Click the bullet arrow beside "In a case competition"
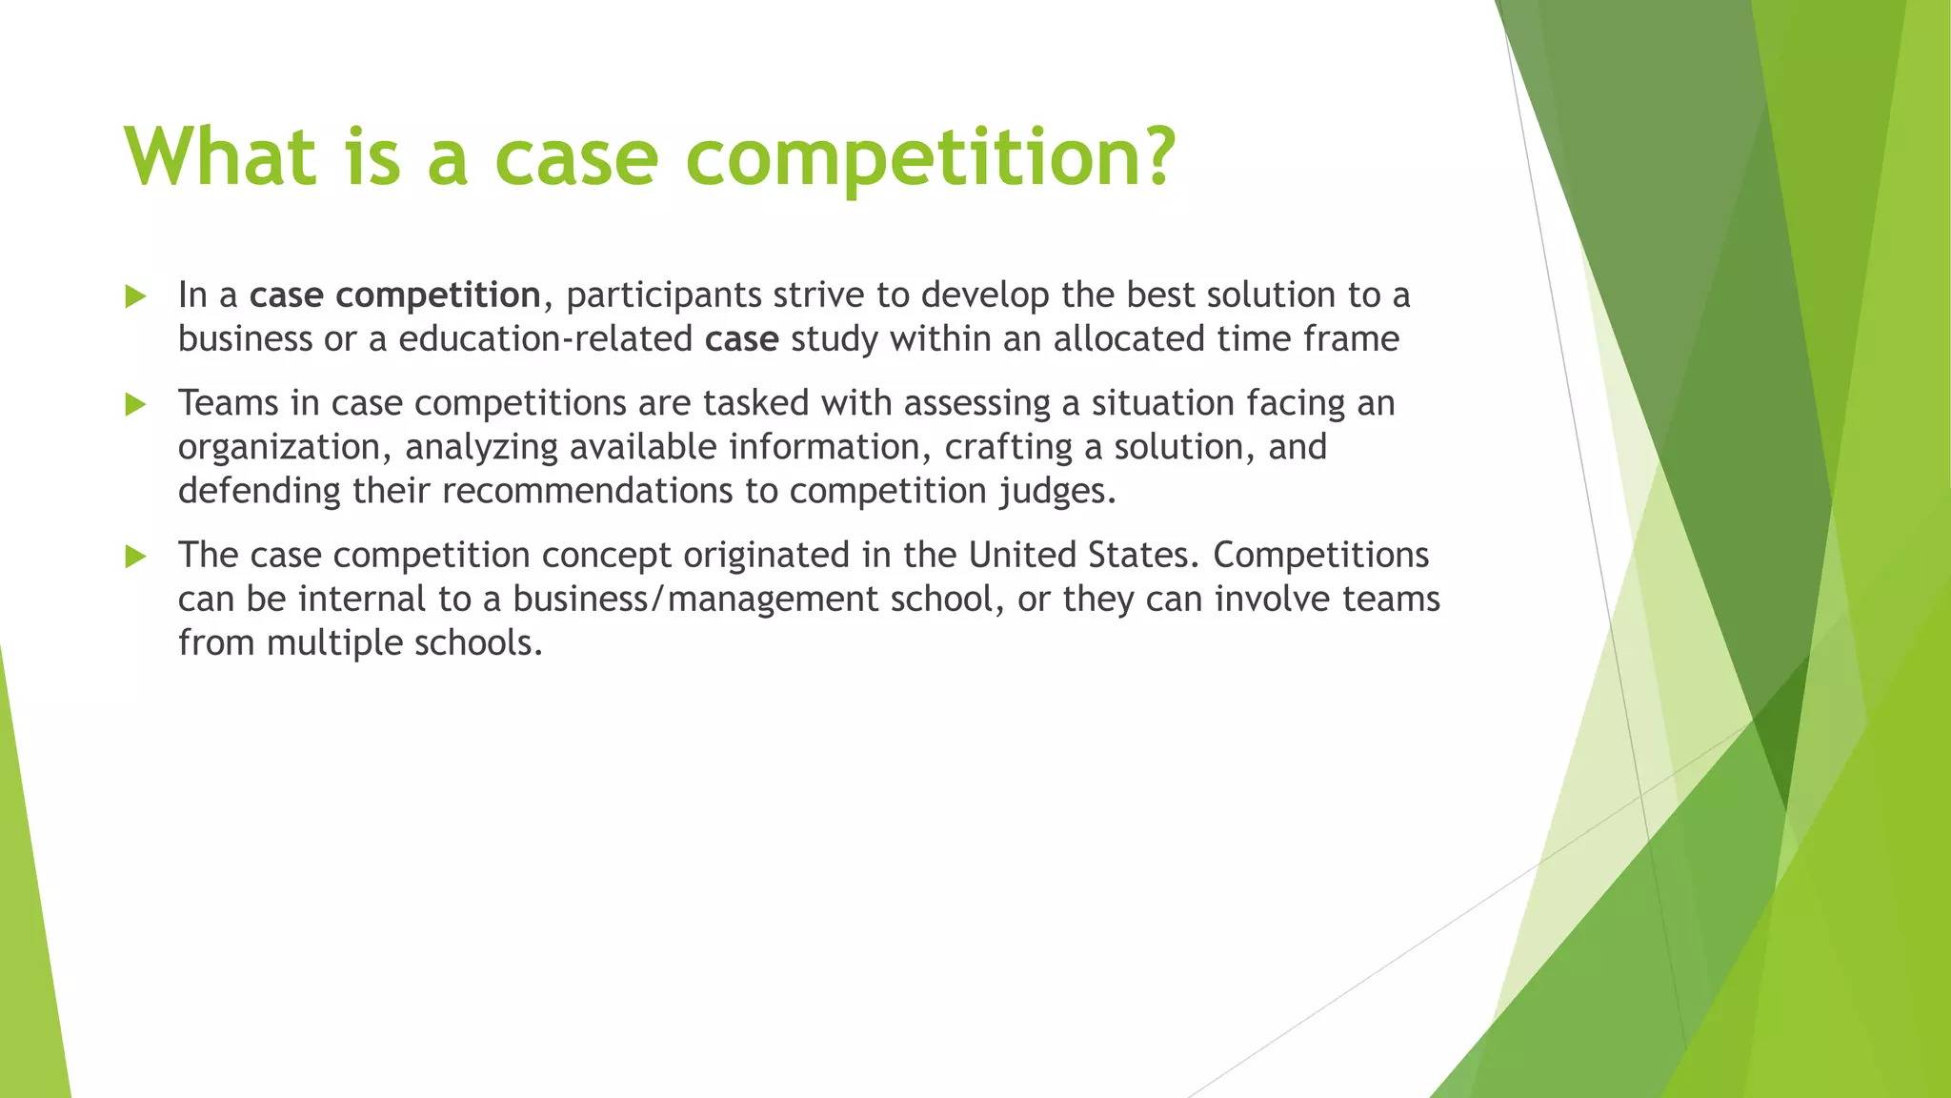tap(135, 296)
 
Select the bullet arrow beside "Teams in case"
tap(135, 405)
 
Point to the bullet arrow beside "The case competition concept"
tap(135, 557)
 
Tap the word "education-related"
tap(545, 339)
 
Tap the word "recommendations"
tap(588, 492)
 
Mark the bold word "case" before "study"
tap(741, 339)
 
